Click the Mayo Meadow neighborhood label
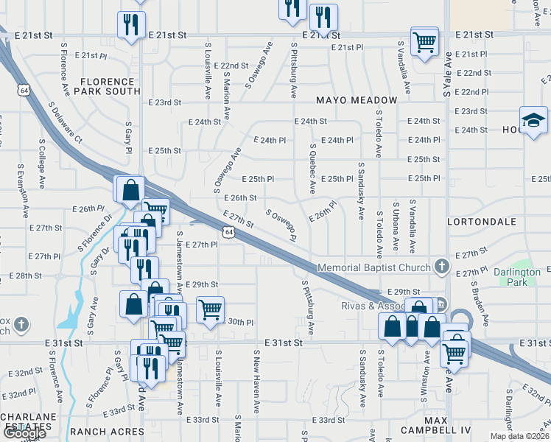pyautogui.click(x=357, y=100)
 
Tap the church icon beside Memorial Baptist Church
pyautogui.click(x=441, y=266)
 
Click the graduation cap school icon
pyautogui.click(x=533, y=120)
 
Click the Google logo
pyautogui.click(x=24, y=433)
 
